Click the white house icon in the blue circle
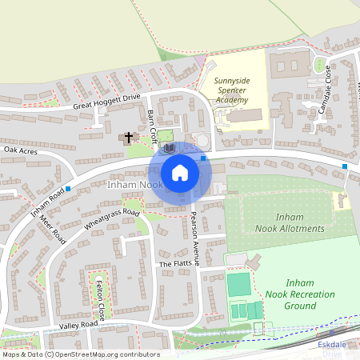180,173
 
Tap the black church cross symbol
128,138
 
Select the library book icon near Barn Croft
169,149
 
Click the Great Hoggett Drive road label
106,102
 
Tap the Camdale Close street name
326,90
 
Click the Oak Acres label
21,150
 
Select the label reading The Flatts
176,264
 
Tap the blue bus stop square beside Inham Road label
68,189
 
